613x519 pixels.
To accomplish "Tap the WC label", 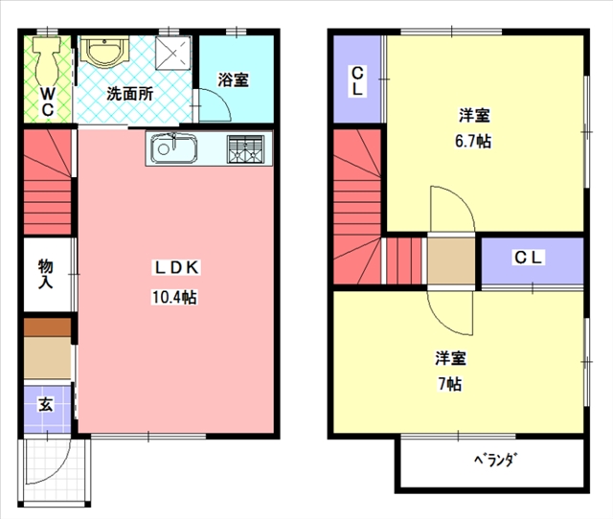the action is point(48,102).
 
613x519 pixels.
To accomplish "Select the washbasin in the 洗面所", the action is point(104,51).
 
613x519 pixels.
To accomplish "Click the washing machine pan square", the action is point(173,54).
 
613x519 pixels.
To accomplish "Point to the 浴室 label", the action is point(233,79).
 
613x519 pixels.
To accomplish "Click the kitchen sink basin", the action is point(174,148).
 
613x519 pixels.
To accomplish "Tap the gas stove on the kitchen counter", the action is point(245,148).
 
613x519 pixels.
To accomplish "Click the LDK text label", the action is point(176,268).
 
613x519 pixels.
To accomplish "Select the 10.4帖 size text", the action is point(174,297).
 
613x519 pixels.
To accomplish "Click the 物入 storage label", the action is point(46,274).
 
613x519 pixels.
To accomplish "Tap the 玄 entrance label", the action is point(45,404).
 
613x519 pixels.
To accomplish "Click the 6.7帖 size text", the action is point(473,141).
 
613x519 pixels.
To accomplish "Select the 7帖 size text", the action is point(450,384).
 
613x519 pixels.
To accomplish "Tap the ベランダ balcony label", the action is point(494,460).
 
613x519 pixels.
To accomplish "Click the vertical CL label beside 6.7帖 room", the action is point(357,81).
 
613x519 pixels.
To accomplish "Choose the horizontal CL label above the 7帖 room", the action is point(528,258).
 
